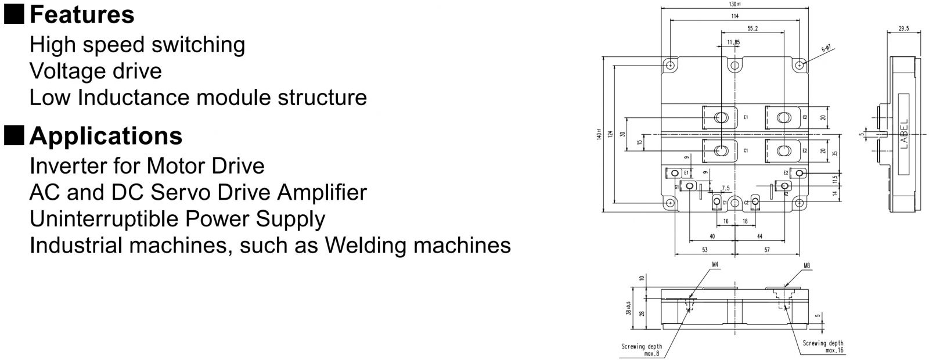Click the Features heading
tap(82, 15)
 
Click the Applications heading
tap(106, 136)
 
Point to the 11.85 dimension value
tap(733, 42)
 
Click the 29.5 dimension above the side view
tap(903, 28)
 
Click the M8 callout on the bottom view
tap(806, 265)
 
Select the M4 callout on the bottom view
tap(715, 265)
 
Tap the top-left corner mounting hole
tap(670, 65)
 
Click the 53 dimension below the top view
tap(705, 250)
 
